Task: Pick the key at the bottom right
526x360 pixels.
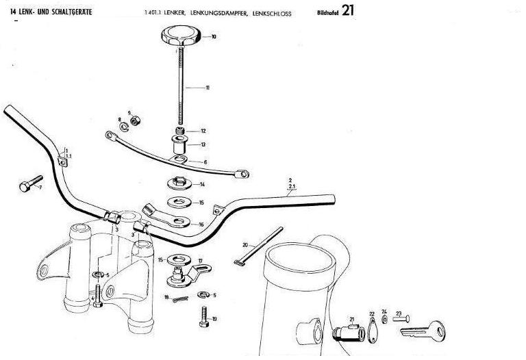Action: [x=425, y=332]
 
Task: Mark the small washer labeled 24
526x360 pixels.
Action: [x=385, y=319]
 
